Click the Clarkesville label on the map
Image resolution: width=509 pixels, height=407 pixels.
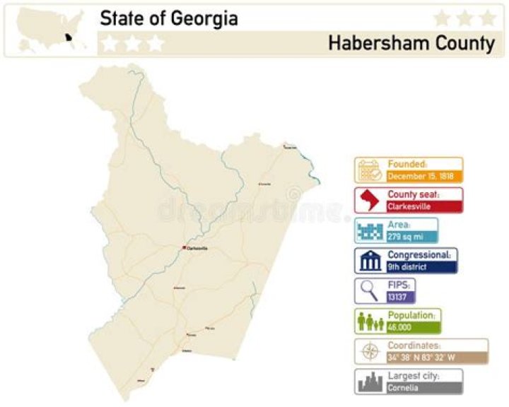(199, 248)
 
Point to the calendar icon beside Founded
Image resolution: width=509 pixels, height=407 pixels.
(370, 171)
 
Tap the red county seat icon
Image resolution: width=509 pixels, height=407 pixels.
(370, 201)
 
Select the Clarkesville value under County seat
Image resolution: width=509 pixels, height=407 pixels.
(409, 207)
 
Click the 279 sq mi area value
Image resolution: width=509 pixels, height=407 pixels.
(400, 237)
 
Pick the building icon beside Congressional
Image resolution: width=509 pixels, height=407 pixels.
(370, 261)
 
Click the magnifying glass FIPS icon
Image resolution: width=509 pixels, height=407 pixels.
(370, 291)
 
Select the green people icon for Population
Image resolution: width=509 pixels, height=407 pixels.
(370, 322)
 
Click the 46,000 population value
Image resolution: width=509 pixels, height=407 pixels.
(399, 328)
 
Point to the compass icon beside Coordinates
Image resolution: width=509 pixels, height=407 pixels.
(370, 351)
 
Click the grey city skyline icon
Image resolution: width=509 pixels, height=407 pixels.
(370, 382)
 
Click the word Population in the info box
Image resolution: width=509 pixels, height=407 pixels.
(414, 315)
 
